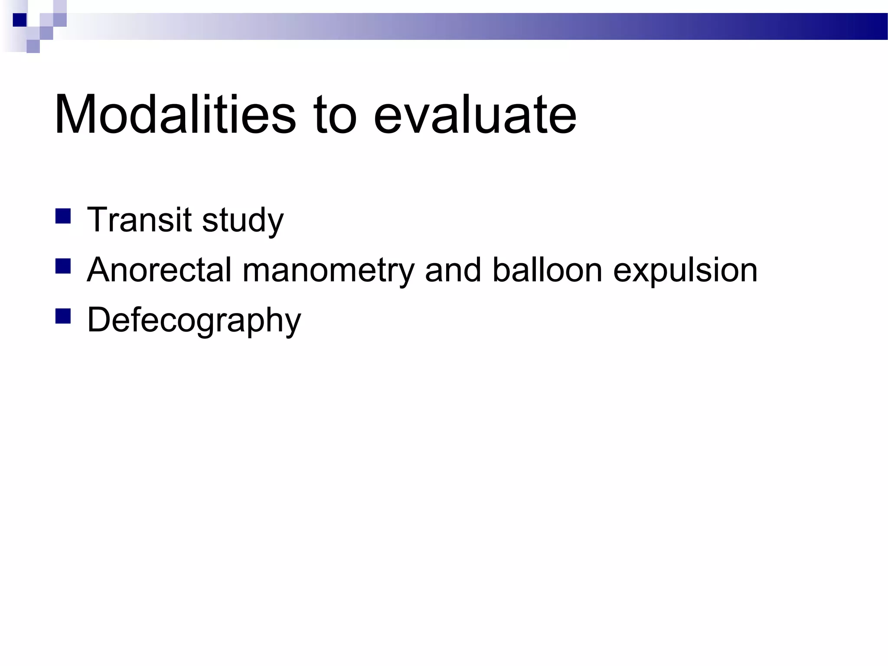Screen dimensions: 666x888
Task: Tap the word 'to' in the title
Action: point(335,114)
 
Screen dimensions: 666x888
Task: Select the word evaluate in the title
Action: point(475,114)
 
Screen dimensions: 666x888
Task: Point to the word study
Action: point(243,221)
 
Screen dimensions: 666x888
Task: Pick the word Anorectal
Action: point(159,270)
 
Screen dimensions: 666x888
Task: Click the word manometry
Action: point(328,271)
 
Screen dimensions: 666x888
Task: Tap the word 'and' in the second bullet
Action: point(453,270)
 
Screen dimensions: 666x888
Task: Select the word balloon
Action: point(547,270)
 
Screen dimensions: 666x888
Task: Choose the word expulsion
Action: point(685,271)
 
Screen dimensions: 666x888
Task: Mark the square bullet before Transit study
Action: point(63,216)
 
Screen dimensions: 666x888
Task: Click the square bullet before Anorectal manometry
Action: point(63,266)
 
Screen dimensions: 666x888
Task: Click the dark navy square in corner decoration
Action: point(20,20)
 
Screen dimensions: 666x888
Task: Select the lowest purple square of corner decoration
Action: point(33,46)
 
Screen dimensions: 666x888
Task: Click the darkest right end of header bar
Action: point(876,26)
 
